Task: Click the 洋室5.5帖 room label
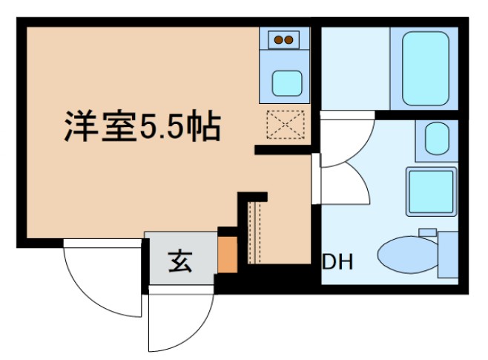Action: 140,126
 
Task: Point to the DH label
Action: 337,262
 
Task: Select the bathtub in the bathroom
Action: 426,68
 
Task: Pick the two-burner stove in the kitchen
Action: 285,40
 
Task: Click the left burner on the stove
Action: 279,39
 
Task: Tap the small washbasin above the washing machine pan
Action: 435,138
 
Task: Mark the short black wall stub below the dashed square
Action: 283,151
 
